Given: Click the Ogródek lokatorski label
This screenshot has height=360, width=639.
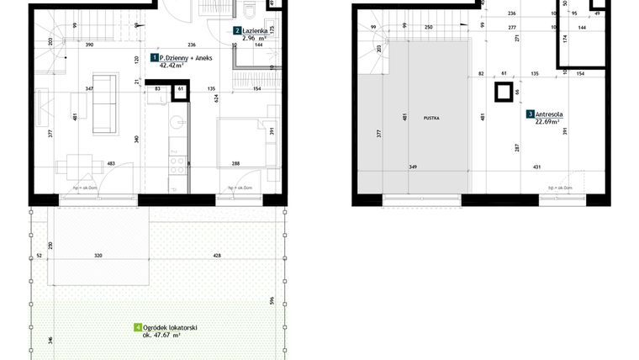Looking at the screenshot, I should [171, 327].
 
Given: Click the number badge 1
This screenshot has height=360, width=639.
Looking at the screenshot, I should [154, 57].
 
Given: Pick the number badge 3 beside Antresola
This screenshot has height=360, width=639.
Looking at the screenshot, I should [530, 114].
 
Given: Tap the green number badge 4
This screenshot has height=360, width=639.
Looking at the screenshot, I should [137, 327].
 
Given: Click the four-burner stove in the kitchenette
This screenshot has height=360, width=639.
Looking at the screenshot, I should [177, 161].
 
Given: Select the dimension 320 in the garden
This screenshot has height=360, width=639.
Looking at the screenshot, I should [99, 254].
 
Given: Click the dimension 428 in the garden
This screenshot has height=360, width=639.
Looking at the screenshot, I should [217, 254].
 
